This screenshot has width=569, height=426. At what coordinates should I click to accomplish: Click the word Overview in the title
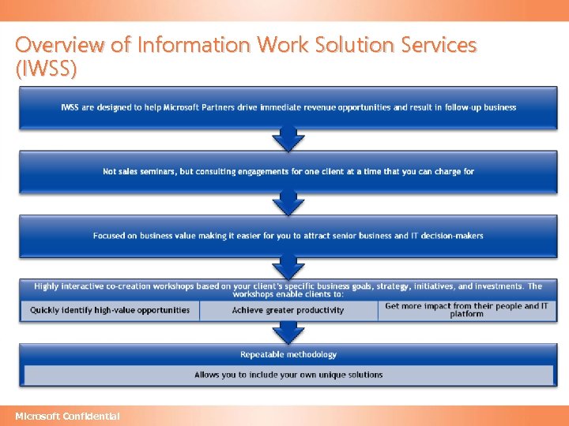62,45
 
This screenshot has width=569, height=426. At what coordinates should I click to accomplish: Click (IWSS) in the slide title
46,69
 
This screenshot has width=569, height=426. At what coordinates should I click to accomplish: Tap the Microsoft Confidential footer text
68,416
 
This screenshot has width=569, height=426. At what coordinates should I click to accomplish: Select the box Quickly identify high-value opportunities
110,310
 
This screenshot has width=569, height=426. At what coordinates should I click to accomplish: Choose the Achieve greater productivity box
288,310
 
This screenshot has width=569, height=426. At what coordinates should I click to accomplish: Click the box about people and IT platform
466,310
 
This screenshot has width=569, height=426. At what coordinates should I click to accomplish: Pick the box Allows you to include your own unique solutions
288,375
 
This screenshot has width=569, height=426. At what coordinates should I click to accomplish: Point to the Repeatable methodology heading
288,354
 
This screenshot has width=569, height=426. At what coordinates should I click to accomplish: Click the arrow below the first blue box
288,140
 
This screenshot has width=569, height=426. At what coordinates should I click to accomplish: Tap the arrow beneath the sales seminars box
288,204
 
